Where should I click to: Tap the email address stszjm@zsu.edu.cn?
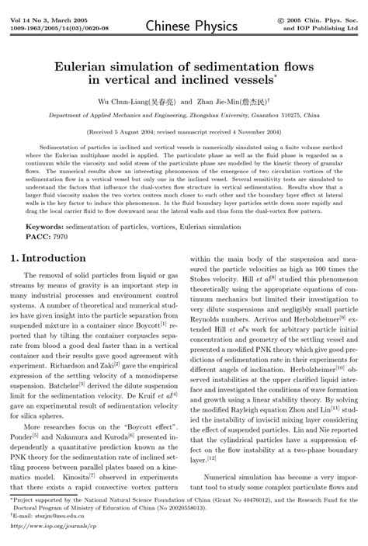pyautogui.click(x=57, y=514)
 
